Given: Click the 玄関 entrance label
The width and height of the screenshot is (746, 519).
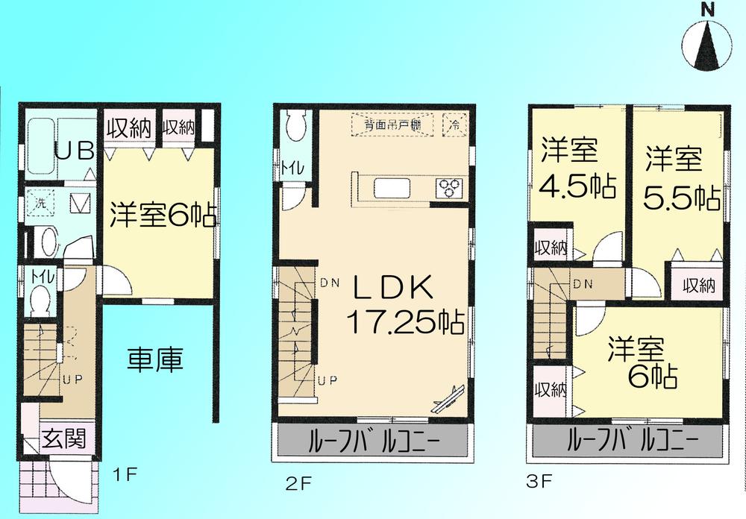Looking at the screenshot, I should click(x=63, y=438).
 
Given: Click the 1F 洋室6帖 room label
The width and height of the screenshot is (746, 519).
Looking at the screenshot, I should click(x=163, y=214).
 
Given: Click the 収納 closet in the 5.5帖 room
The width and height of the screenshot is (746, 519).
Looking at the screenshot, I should click(x=702, y=285).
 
